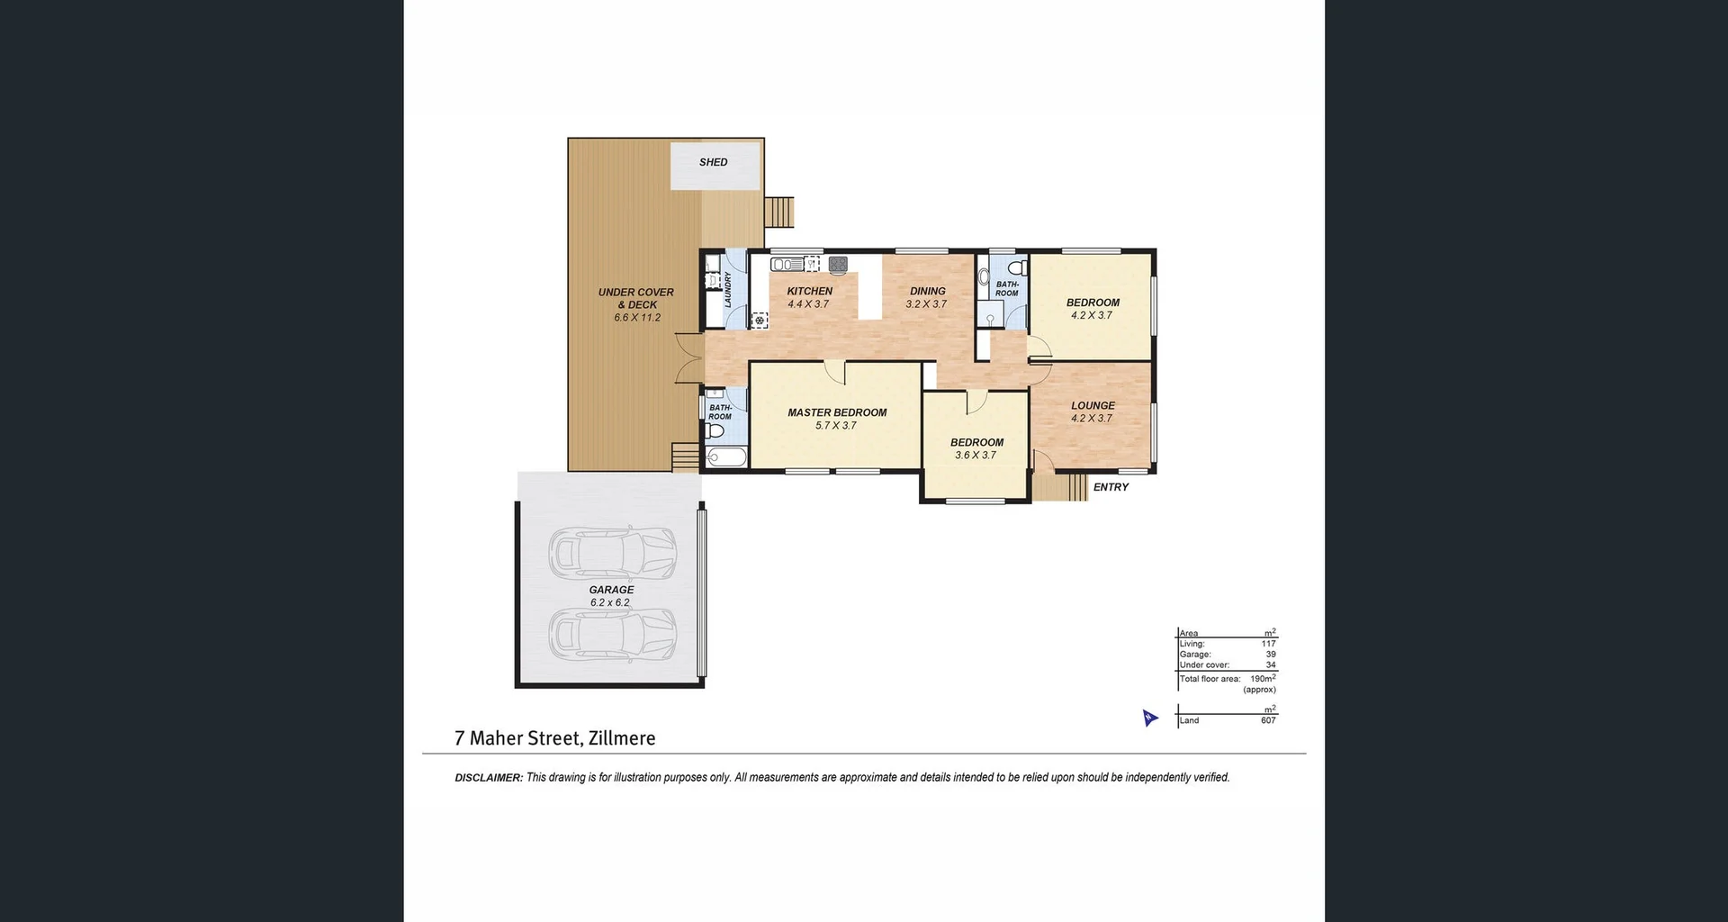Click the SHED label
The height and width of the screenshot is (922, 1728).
pyautogui.click(x=713, y=162)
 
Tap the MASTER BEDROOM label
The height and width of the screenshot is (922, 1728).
pyautogui.click(x=837, y=412)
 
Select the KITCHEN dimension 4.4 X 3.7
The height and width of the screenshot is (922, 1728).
pyautogui.click(x=808, y=304)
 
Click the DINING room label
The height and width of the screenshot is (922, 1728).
pyautogui.click(x=927, y=291)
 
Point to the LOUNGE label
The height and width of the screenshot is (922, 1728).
pyautogui.click(x=1093, y=405)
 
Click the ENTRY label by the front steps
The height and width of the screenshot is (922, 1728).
pyautogui.click(x=1111, y=487)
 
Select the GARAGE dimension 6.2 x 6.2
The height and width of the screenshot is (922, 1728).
pyautogui.click(x=610, y=602)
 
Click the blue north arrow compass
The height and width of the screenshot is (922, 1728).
pyautogui.click(x=1149, y=718)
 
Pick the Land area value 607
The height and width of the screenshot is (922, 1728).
pyautogui.click(x=1268, y=720)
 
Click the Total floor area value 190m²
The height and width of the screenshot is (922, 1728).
pyautogui.click(x=1262, y=678)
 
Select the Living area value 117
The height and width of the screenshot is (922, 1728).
pyautogui.click(x=1268, y=644)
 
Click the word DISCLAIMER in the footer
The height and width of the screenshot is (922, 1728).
pyautogui.click(x=488, y=778)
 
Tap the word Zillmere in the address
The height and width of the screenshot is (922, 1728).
pyautogui.click(x=621, y=738)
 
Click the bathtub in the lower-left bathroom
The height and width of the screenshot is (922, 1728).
pyautogui.click(x=726, y=457)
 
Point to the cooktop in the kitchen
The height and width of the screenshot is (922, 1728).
pyautogui.click(x=838, y=264)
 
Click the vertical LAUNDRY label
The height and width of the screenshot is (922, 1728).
pyautogui.click(x=728, y=290)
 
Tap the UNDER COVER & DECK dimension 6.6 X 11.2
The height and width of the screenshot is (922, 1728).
pyautogui.click(x=637, y=318)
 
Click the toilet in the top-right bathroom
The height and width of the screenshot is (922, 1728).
pyautogui.click(x=1018, y=267)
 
